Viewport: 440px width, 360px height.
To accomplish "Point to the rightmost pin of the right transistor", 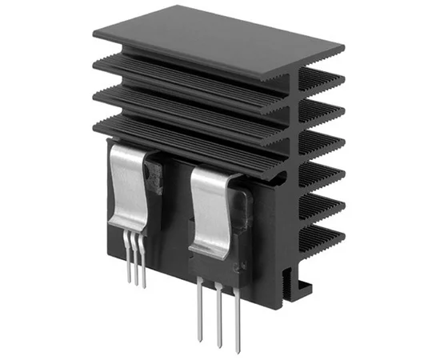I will pos(237,312).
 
